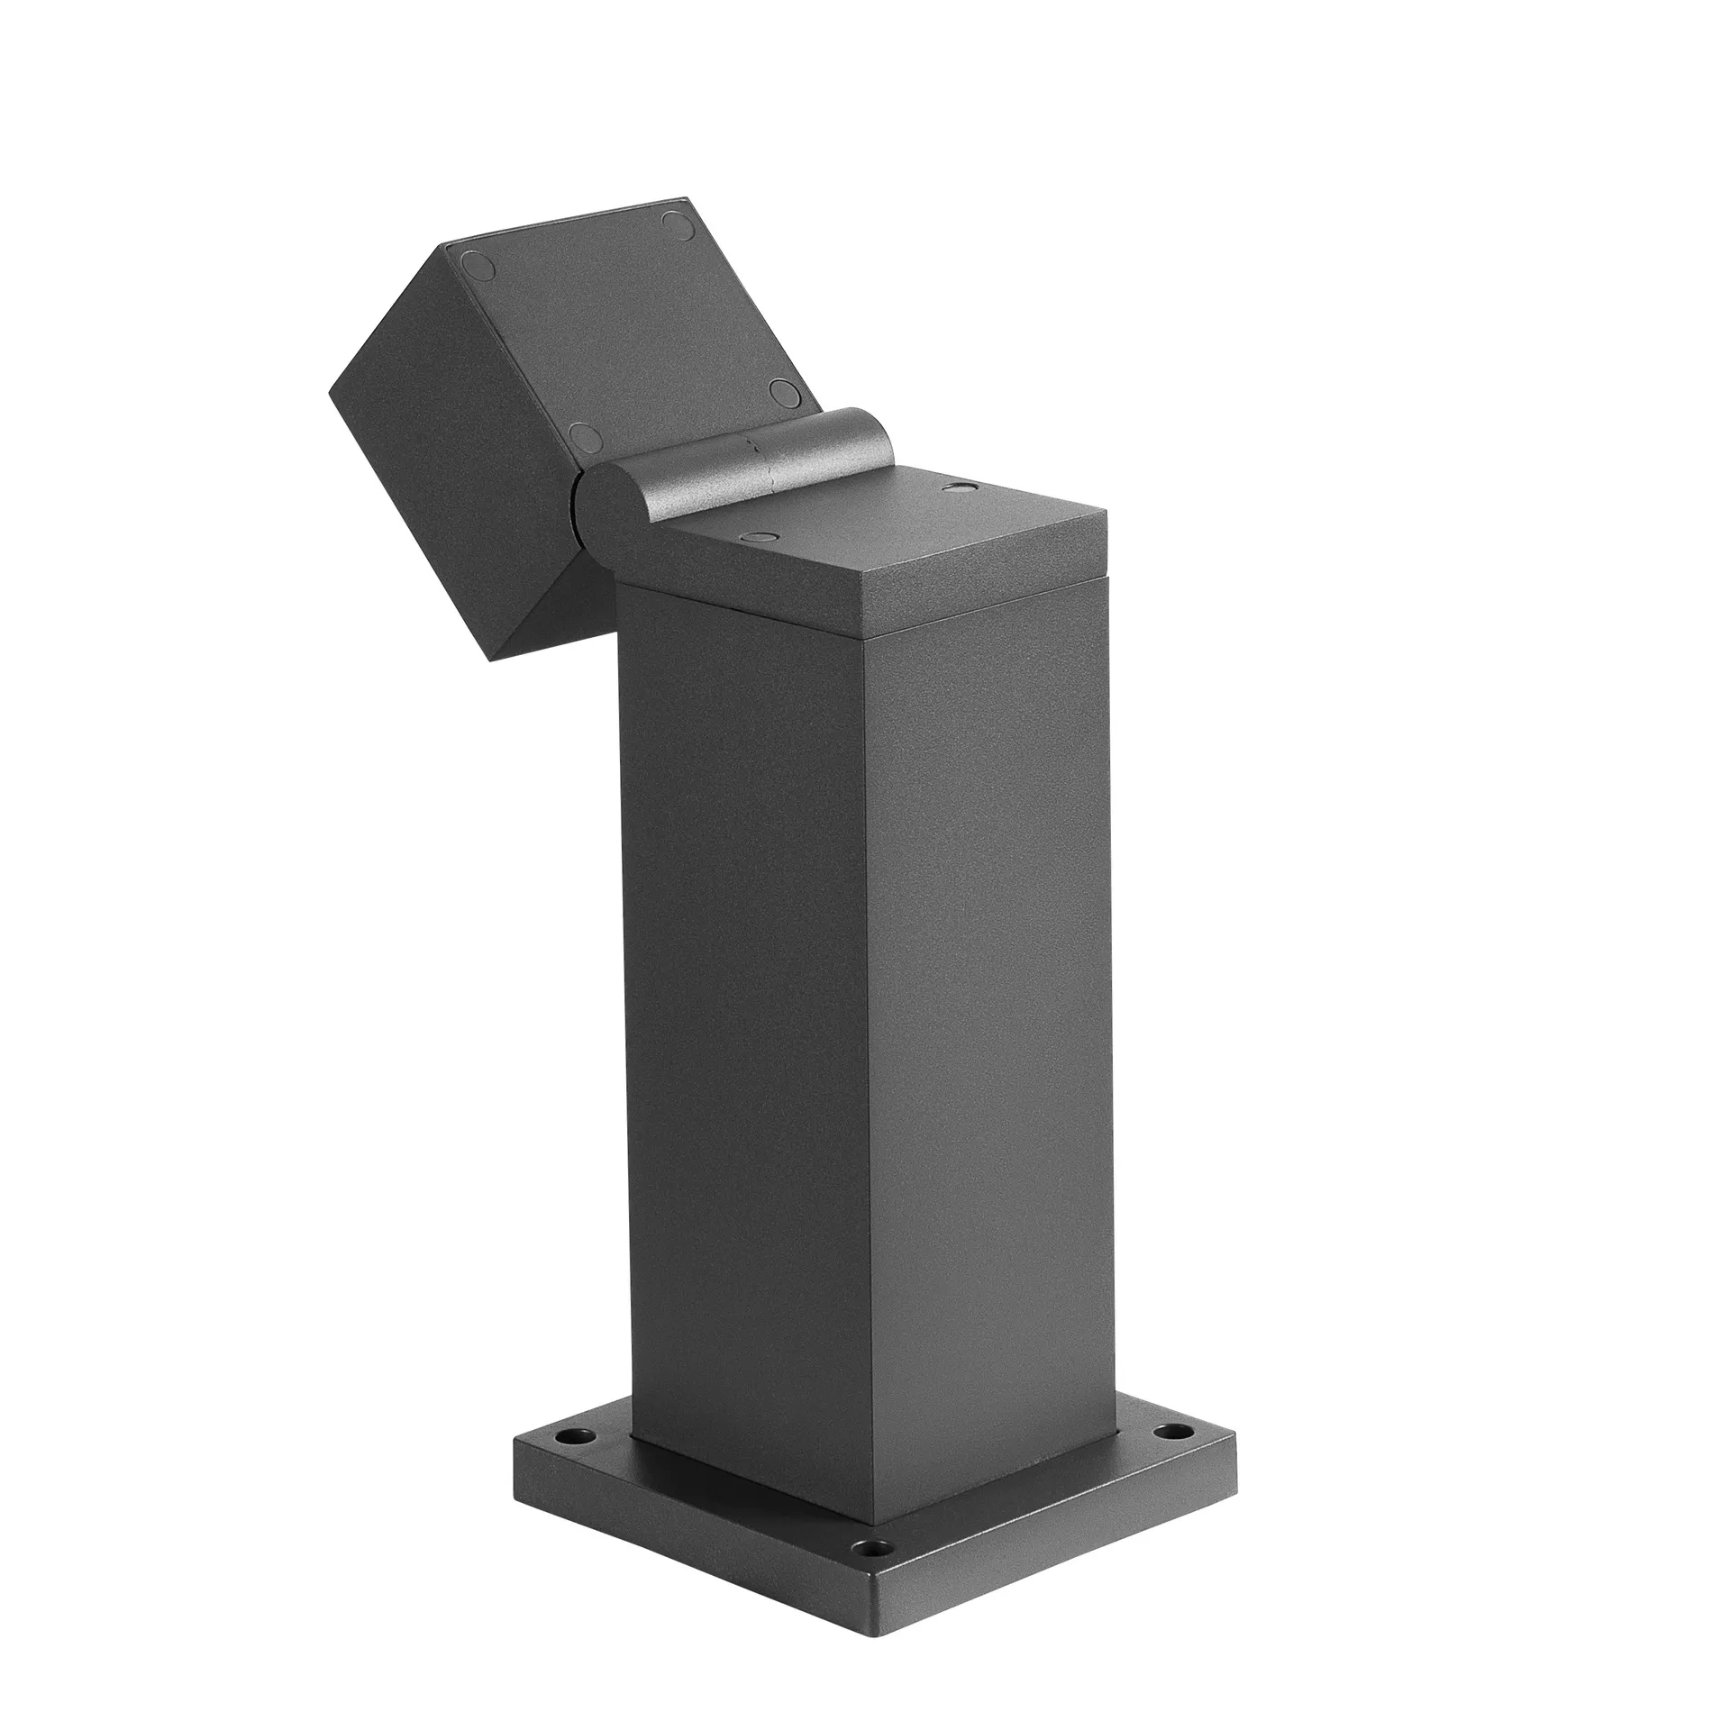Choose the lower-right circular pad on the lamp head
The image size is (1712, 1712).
[x=784, y=394]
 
